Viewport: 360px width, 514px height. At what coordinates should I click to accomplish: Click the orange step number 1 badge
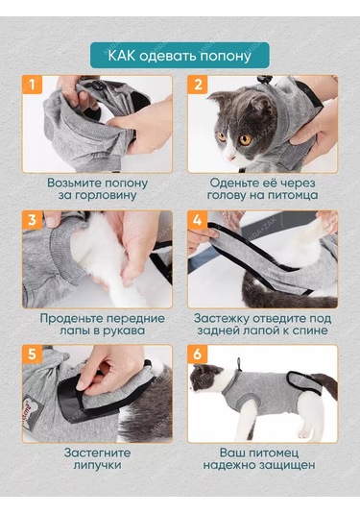(x=32, y=85)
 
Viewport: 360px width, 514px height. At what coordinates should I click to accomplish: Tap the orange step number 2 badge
(x=198, y=85)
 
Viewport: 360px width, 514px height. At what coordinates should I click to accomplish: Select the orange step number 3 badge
(x=32, y=220)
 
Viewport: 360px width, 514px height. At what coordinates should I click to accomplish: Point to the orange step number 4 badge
(x=198, y=220)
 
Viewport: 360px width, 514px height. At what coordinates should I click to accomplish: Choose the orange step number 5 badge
(x=32, y=355)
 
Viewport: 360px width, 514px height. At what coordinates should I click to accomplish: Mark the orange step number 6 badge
(x=198, y=355)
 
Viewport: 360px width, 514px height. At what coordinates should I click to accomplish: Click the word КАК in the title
(x=121, y=56)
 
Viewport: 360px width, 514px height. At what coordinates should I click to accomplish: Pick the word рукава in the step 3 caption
(x=125, y=330)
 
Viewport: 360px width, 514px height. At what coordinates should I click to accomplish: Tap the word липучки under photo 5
(x=97, y=465)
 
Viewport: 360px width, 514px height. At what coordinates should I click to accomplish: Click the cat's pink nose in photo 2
(x=230, y=158)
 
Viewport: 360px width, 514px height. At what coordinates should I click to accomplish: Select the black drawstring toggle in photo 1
(x=99, y=86)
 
